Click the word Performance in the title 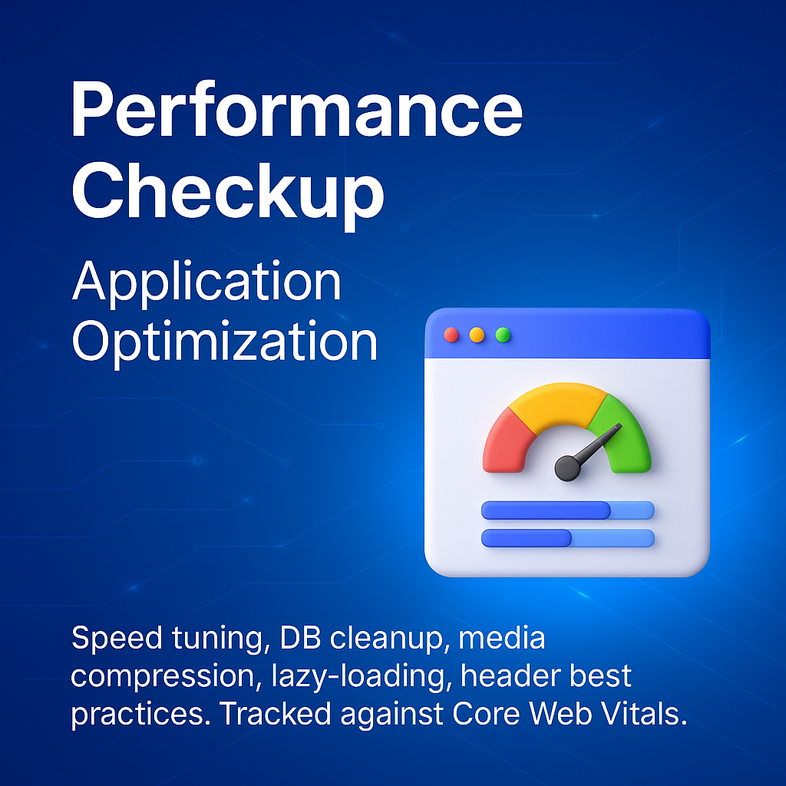tap(297, 109)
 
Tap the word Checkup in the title tap(228, 193)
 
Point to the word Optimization tap(225, 342)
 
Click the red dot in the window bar tap(451, 335)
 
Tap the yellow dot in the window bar tap(477, 335)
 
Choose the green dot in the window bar tap(503, 335)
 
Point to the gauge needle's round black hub tap(567, 468)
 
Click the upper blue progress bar tap(567, 510)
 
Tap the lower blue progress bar tap(567, 538)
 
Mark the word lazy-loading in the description tap(358, 677)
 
